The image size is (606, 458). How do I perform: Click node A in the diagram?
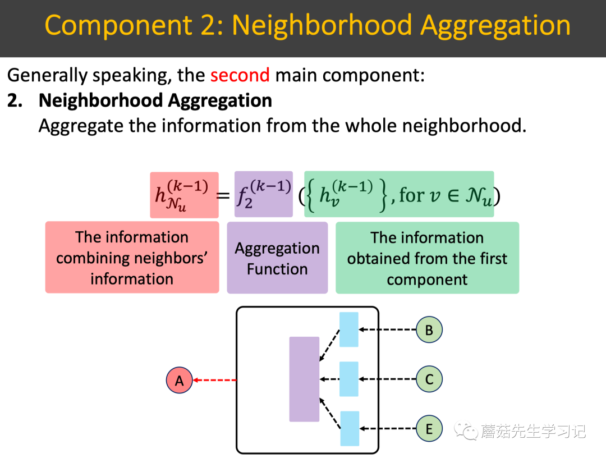[x=179, y=381]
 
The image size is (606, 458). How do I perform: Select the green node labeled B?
[x=429, y=330]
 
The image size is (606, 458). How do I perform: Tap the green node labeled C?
[x=429, y=379]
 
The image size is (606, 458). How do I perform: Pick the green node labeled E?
[x=429, y=429]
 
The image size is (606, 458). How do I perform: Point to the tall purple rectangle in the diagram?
[x=304, y=379]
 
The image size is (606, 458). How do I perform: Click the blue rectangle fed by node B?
[x=348, y=330]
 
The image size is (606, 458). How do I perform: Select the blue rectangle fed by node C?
[x=348, y=379]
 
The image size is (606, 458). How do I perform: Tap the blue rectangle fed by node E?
[x=349, y=429]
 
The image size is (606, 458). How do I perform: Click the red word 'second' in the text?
[x=240, y=75]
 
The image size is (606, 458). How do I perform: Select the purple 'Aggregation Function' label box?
[x=277, y=258]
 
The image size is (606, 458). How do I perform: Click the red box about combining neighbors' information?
[x=132, y=258]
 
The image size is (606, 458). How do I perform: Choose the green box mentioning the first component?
[x=427, y=258]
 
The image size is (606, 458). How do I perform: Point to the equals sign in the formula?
[x=223, y=196]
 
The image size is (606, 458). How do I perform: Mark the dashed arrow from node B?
[x=387, y=330]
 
